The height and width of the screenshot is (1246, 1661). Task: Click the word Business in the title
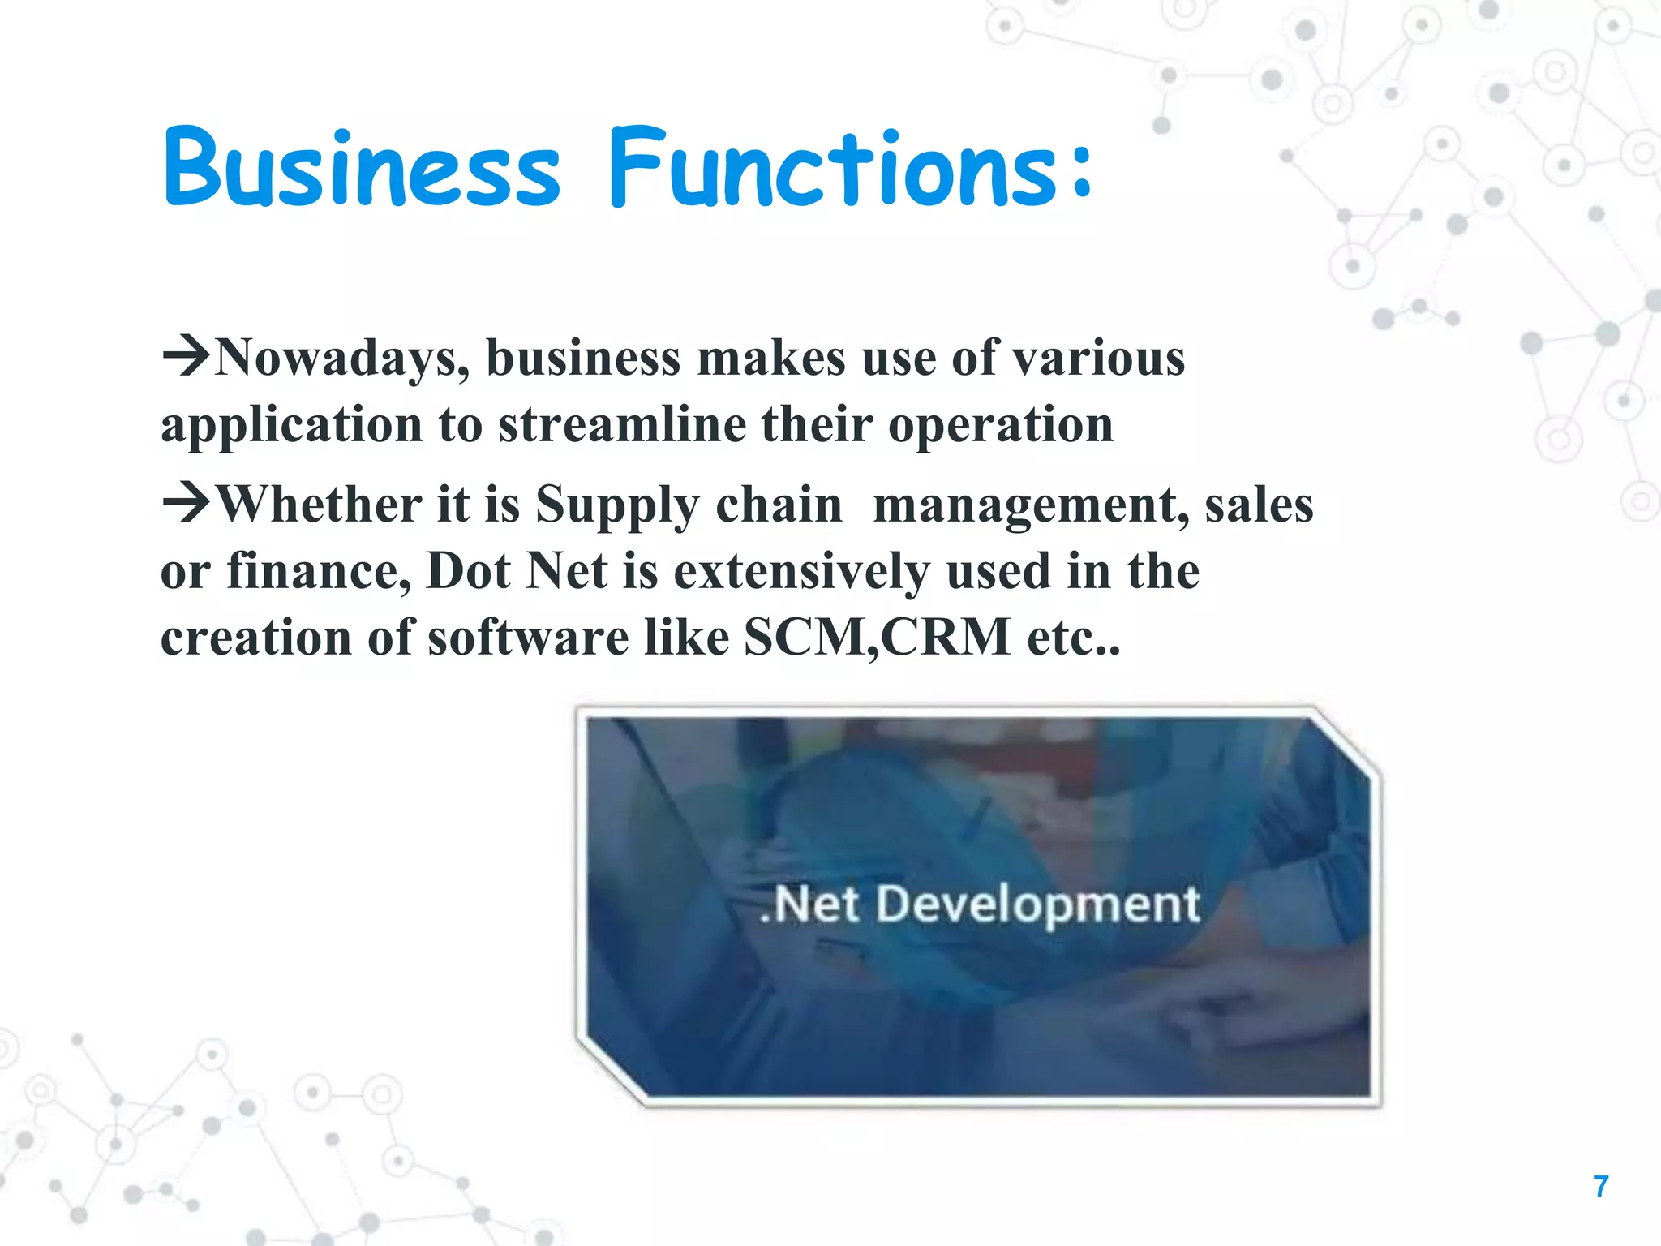[x=362, y=168]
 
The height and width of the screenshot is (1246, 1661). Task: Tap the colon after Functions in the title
[x=1080, y=172]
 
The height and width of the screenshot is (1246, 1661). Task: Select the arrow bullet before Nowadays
[x=186, y=356]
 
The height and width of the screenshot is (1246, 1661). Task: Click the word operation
[x=1001, y=426]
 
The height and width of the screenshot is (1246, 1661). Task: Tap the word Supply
[x=616, y=506]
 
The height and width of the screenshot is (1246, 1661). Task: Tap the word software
[x=528, y=637]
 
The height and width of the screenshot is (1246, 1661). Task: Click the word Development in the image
[x=1038, y=905]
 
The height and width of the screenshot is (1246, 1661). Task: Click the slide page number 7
[x=1601, y=1187]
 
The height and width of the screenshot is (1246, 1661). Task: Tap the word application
[x=292, y=426]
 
